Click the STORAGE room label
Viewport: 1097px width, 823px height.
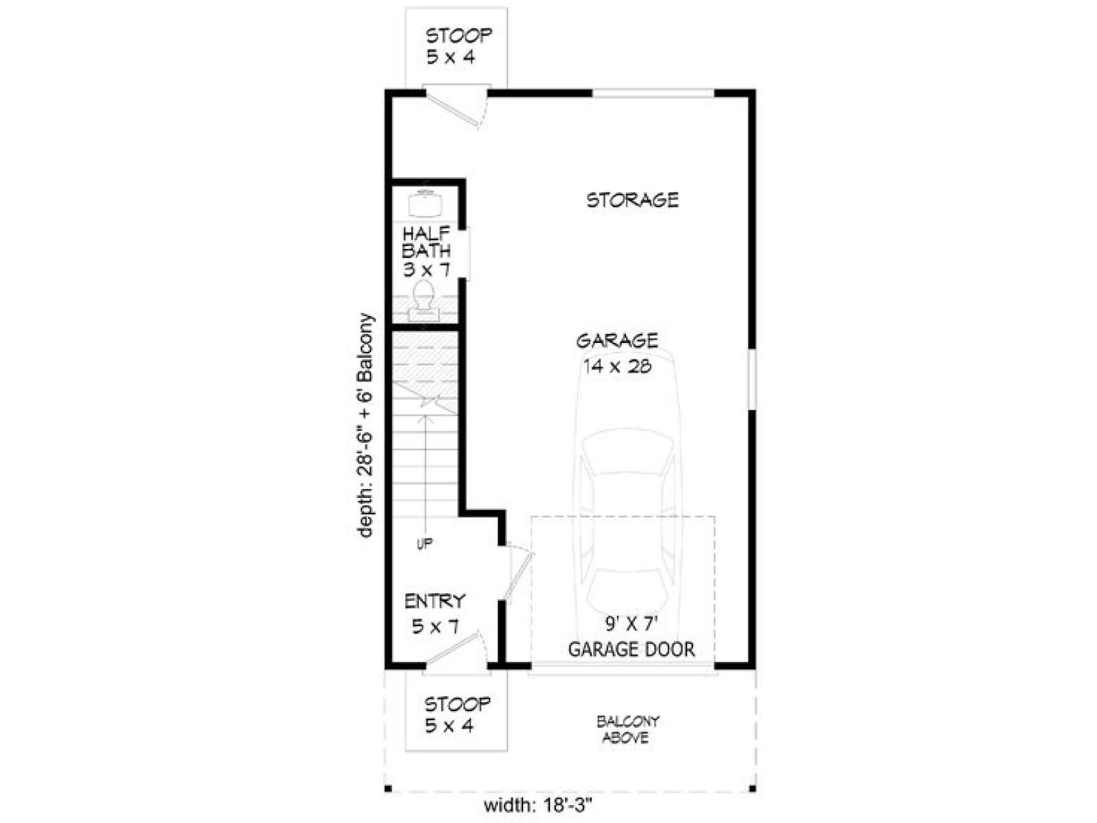631,200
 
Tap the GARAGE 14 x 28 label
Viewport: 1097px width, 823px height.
616,354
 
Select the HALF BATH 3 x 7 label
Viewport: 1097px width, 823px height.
426,252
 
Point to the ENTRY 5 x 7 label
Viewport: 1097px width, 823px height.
435,614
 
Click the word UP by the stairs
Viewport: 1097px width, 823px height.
425,543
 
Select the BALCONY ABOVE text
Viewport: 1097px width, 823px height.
627,730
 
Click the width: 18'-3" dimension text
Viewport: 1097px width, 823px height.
538,805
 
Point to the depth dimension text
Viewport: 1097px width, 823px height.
366,425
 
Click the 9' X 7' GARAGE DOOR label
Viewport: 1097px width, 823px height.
631,636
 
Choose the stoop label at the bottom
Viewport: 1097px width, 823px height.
457,715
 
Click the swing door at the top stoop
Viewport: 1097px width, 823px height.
456,108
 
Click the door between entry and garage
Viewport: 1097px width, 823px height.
519,570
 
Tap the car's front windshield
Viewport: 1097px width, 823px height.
628,454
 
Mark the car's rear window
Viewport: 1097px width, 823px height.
628,587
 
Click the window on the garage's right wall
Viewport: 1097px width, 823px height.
751,380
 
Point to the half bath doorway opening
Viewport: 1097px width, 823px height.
464,254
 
